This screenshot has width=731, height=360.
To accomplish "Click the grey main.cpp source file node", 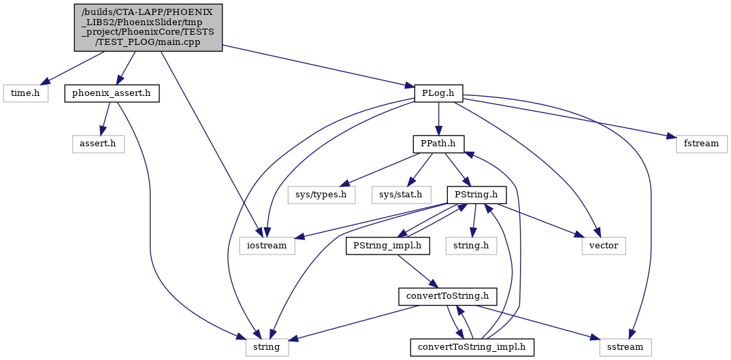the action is [x=148, y=27].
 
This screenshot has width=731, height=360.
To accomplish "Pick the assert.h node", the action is [x=98, y=144].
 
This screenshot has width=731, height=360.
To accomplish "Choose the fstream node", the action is [x=701, y=144].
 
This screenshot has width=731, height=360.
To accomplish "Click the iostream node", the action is [x=267, y=245].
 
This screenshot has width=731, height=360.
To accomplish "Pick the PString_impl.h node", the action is [x=387, y=245].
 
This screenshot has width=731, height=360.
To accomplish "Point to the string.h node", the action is [x=471, y=245].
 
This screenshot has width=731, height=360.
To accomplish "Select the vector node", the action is [x=604, y=245].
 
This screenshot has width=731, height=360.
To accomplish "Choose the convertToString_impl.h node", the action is [x=472, y=347].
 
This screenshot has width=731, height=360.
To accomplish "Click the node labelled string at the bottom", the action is [x=267, y=347].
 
